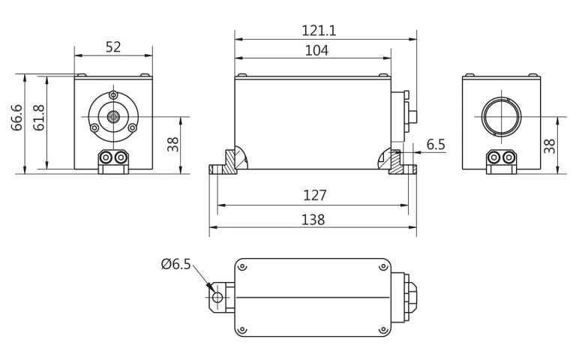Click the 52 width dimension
113,46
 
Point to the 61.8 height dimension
39,117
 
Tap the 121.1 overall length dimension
319,30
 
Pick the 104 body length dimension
315,50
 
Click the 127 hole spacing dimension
315,195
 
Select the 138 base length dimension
313,219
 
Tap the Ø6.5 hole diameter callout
176,265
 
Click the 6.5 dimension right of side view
436,143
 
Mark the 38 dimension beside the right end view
550,144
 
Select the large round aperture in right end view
499,116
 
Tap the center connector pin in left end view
113,116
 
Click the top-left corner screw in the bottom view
243,265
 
